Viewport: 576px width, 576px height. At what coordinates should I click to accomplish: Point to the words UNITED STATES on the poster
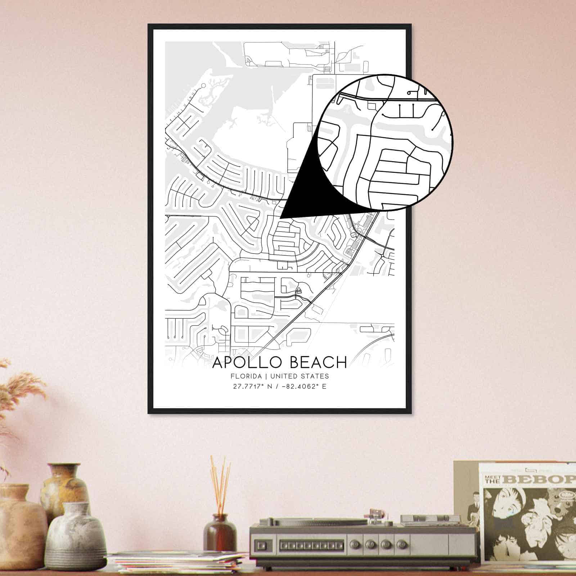pyautogui.click(x=300, y=376)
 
